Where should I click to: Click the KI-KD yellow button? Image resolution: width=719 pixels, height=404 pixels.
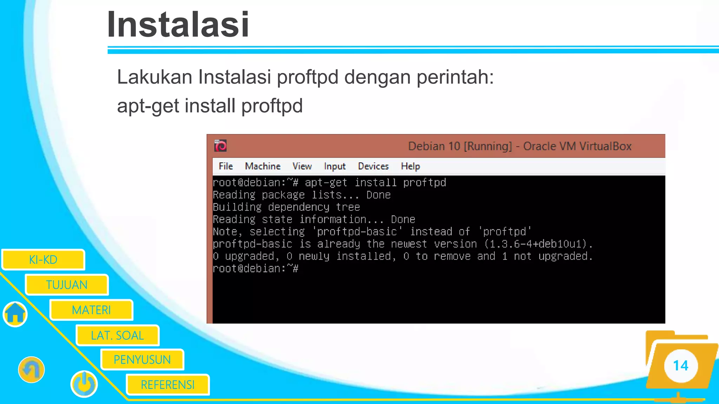click(43, 260)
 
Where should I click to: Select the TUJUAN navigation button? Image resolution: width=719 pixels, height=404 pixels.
click(67, 285)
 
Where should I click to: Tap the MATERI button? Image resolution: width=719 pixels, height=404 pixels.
click(91, 310)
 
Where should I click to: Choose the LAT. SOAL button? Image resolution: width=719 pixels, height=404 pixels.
click(117, 336)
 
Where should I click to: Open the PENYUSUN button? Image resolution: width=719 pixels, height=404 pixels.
click(142, 360)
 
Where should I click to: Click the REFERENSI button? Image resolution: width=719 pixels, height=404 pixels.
click(167, 385)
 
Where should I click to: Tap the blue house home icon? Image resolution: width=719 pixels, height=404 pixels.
click(15, 314)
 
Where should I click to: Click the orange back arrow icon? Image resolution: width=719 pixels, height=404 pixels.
click(31, 370)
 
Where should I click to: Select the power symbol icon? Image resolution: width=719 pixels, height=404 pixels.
click(84, 384)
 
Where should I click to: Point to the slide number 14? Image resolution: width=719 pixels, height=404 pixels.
click(680, 366)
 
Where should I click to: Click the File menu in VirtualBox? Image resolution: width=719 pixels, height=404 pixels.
click(226, 166)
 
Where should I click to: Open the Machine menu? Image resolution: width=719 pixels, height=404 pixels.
click(263, 166)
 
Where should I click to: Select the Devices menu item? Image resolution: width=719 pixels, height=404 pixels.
click(373, 166)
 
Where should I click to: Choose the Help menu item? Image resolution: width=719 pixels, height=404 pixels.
click(410, 166)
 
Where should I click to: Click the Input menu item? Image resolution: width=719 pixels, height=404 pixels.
click(335, 166)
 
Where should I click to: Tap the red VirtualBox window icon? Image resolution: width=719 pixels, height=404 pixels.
click(220, 146)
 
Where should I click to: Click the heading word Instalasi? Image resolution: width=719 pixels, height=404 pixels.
click(178, 25)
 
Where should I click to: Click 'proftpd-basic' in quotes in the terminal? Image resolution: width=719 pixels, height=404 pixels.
click(357, 231)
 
